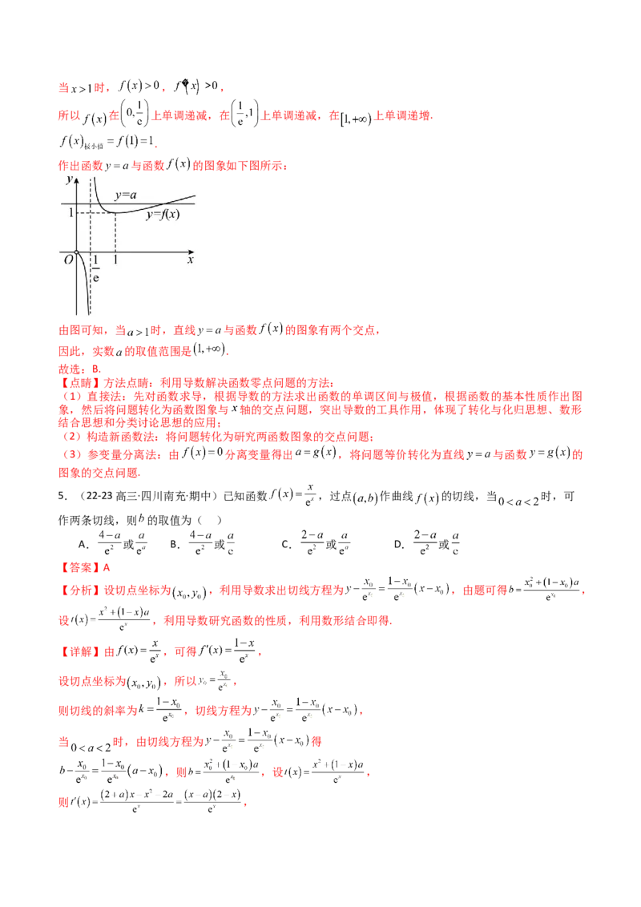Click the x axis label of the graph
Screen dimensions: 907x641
(191, 260)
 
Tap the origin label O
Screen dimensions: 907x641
(68, 260)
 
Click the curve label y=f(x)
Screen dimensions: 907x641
(162, 215)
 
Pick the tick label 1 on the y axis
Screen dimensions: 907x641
(71, 212)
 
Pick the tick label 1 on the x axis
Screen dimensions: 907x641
(116, 260)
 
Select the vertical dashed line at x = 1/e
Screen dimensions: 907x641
(89, 232)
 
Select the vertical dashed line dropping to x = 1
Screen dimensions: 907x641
(116, 232)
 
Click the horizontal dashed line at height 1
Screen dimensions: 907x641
(96, 212)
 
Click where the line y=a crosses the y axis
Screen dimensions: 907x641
(77, 204)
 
